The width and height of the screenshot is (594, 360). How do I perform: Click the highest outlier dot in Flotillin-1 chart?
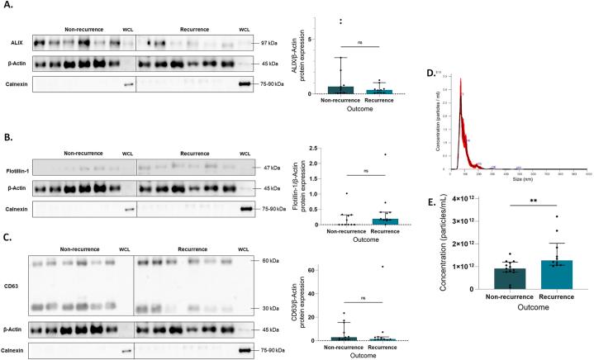click(385, 154)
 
